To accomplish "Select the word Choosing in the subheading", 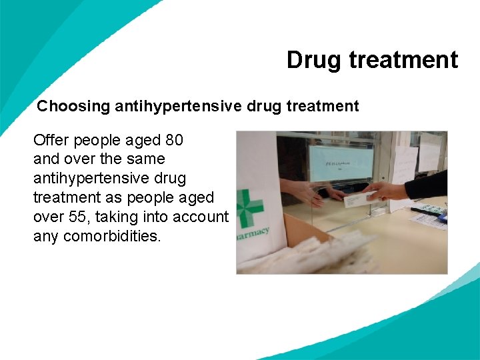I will click(73, 106).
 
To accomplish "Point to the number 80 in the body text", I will click(173, 141).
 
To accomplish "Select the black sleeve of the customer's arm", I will click(427, 185).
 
